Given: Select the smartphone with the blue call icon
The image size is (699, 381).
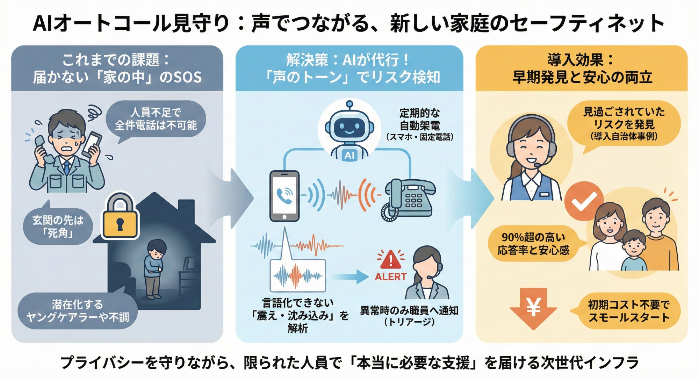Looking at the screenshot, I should [284, 196].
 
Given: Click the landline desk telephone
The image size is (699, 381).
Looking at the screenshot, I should [409, 199].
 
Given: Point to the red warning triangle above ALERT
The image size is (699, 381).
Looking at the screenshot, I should [390, 260].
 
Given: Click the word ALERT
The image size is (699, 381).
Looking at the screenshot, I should [390, 277].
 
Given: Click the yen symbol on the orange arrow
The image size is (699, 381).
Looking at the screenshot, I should [533, 307].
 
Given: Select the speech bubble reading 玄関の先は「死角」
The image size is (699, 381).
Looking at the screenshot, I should [58, 226].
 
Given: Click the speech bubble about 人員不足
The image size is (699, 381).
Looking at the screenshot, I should [156, 119].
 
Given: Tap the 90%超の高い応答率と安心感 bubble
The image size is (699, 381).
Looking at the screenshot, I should [533, 244].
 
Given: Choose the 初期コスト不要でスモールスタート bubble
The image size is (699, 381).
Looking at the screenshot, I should [628, 311].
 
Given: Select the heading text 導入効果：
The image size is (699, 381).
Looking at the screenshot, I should [581, 60].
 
